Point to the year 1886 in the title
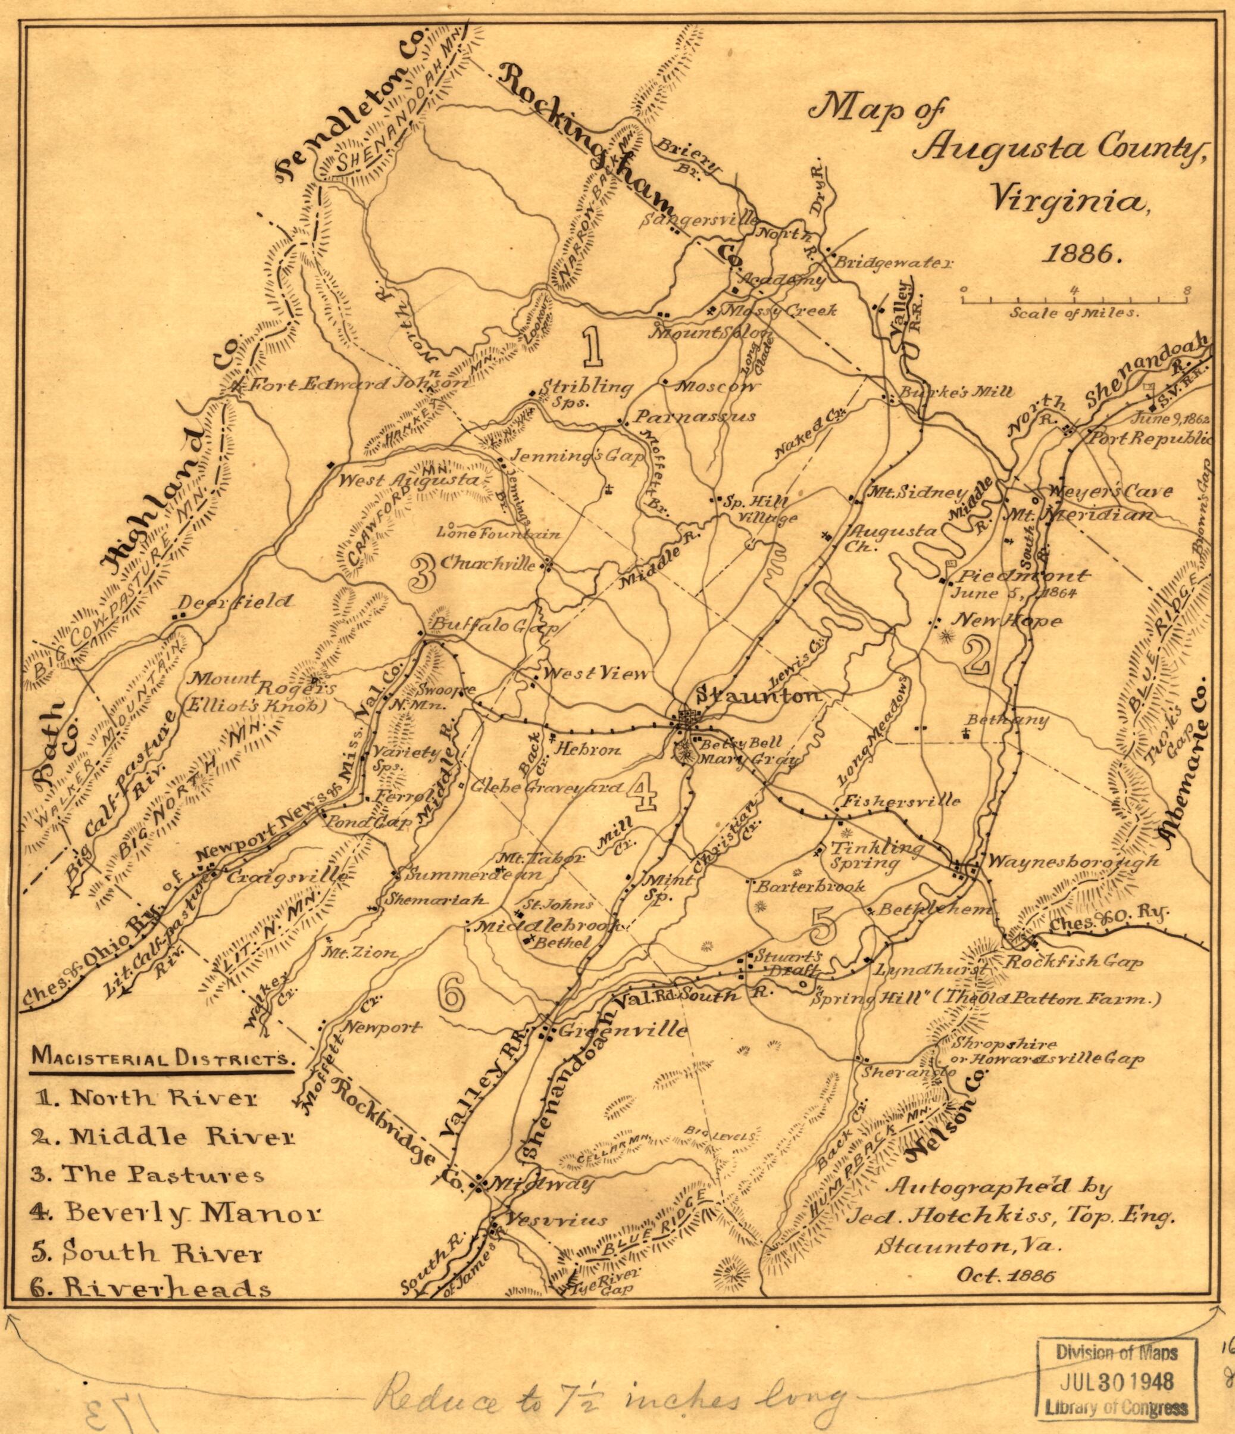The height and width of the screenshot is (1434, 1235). coord(1081,254)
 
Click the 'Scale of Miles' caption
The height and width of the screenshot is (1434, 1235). coord(1073,313)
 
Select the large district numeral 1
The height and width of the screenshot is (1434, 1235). coord(592,347)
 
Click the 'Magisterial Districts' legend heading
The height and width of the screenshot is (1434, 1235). coord(161,1059)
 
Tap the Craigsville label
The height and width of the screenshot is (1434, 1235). coord(286,876)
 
